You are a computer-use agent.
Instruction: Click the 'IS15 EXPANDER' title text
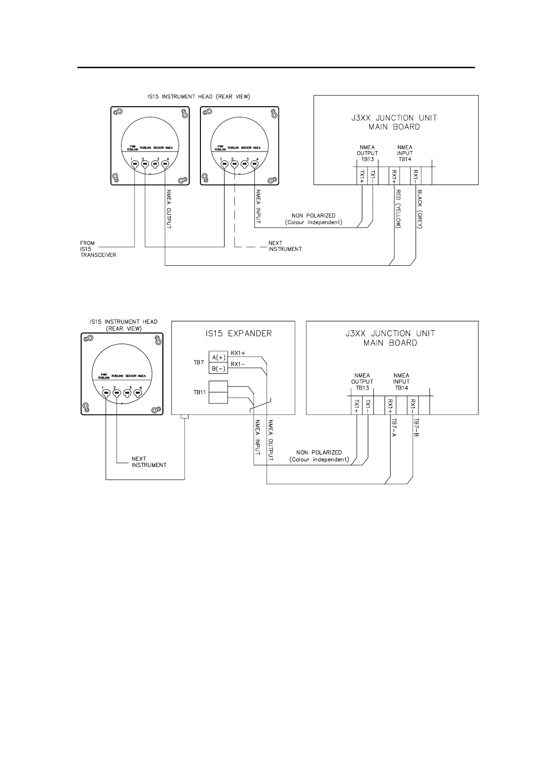233,333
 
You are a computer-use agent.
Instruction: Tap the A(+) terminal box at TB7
218,357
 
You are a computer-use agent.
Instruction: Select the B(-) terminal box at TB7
218,369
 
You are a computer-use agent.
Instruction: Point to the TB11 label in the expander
199,392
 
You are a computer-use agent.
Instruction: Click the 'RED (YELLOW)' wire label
398,209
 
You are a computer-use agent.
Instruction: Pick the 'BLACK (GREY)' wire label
420,209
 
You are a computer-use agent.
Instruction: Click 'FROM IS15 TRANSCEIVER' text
98,249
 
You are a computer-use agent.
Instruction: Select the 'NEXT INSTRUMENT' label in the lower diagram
149,462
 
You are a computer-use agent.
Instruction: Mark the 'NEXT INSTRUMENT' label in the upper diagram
285,246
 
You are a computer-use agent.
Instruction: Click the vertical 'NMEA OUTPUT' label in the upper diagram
168,209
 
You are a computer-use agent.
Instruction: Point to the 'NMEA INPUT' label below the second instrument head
258,206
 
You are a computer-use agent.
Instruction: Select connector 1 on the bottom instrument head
106,393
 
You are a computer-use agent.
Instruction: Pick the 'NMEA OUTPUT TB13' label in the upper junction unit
367,153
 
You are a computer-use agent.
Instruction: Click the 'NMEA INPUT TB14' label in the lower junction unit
401,382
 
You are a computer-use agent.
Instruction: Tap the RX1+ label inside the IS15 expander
237,353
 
